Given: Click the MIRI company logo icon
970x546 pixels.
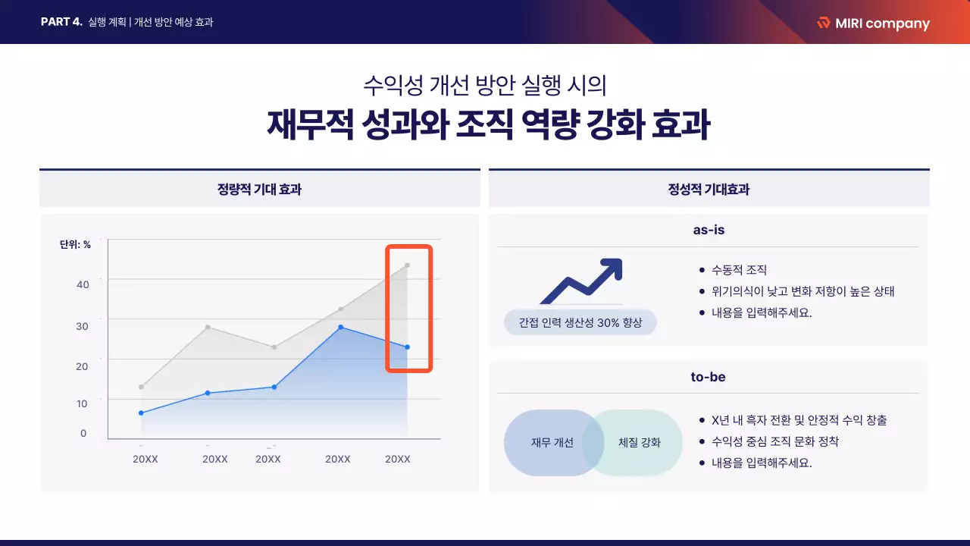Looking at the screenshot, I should pyautogui.click(x=824, y=23).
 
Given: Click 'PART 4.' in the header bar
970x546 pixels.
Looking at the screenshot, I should pyautogui.click(x=61, y=22).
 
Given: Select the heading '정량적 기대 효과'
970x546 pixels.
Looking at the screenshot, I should pyautogui.click(x=259, y=190).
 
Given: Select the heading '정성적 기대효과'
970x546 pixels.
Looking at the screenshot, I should pyautogui.click(x=709, y=190).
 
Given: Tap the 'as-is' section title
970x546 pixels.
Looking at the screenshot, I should pyautogui.click(x=709, y=230).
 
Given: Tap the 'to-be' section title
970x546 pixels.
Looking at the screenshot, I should pyautogui.click(x=709, y=377).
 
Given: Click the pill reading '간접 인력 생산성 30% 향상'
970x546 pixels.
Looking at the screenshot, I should pyautogui.click(x=580, y=322).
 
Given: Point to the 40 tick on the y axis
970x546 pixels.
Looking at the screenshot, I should pyautogui.click(x=83, y=284).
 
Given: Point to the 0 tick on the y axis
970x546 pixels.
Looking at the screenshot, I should pyautogui.click(x=83, y=434).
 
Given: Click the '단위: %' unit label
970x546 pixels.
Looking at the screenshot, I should pyautogui.click(x=75, y=244).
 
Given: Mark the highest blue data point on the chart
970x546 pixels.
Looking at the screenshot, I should pyautogui.click(x=340, y=327).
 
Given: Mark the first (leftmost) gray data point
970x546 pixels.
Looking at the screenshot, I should pyautogui.click(x=141, y=387).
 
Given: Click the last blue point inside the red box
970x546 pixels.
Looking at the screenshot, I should pyautogui.click(x=407, y=347).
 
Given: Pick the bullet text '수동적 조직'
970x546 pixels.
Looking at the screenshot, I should pyautogui.click(x=739, y=270).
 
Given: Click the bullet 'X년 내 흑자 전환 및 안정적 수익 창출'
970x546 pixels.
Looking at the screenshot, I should pyautogui.click(x=799, y=420).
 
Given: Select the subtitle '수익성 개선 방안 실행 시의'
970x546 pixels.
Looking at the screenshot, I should pyautogui.click(x=485, y=84).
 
